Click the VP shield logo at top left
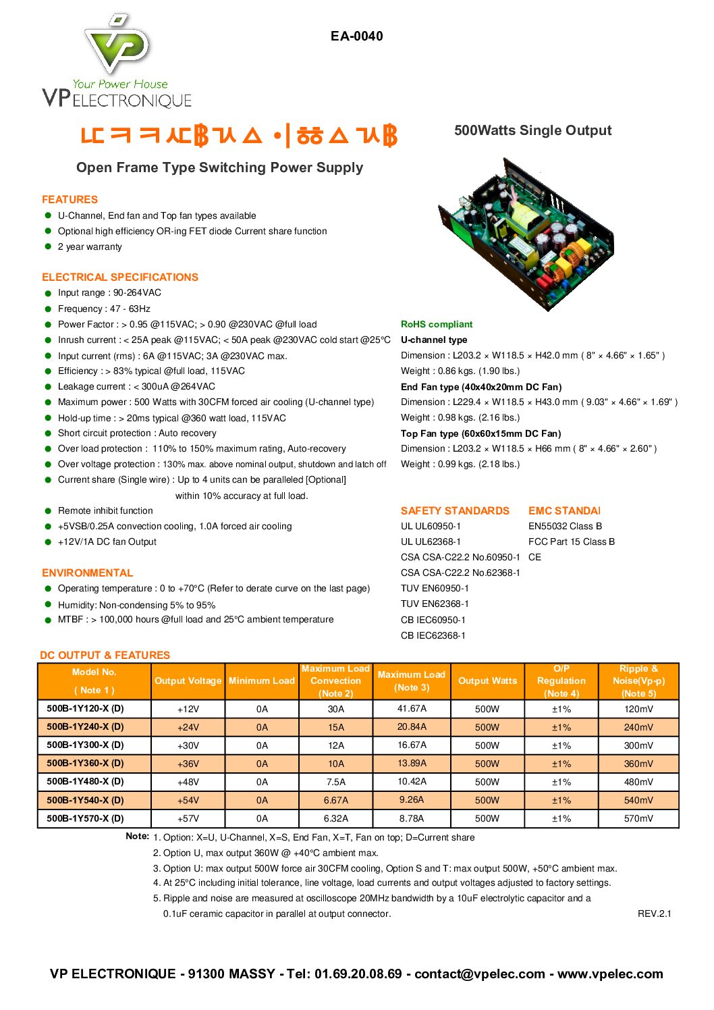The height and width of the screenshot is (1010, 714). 117,44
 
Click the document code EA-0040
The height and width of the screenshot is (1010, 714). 356,36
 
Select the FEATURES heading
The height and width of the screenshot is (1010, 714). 70,199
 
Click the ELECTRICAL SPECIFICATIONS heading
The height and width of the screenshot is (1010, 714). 120,277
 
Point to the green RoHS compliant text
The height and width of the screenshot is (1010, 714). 437,324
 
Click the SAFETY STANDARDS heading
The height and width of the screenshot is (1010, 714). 455,510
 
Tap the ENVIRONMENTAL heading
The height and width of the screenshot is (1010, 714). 88,573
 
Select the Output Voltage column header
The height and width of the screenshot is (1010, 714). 188,681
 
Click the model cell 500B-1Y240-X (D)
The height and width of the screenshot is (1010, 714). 86,726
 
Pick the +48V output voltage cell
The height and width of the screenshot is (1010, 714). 188,782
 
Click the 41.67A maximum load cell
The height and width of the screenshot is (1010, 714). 412,708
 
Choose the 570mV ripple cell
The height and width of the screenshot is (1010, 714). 638,818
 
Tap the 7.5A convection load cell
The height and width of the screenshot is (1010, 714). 336,782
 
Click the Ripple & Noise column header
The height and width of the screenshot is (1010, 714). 638,681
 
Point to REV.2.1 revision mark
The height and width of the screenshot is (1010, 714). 654,913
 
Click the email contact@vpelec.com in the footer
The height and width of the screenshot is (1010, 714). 479,974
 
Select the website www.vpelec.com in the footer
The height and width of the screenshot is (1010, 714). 610,974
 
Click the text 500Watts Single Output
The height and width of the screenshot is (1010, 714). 532,130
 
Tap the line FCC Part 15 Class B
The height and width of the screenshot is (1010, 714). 572,541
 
